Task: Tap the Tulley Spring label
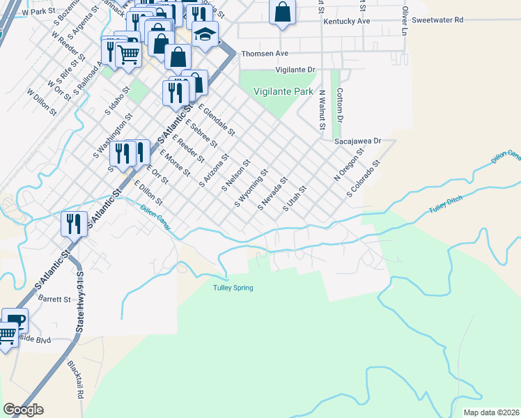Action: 233,288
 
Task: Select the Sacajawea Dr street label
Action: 358,141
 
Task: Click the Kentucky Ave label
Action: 346,22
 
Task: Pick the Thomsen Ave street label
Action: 264,53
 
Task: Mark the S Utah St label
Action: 295,199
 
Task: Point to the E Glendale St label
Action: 217,119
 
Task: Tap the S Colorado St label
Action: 362,178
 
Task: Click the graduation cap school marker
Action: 205,35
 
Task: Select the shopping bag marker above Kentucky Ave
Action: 282,12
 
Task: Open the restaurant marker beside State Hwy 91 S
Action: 74,224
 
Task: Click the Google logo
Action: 23,410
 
